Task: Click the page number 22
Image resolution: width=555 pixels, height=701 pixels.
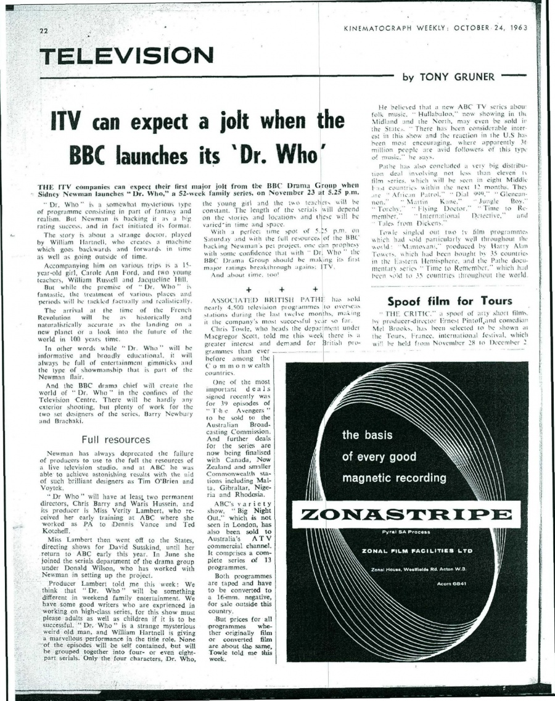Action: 43,31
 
